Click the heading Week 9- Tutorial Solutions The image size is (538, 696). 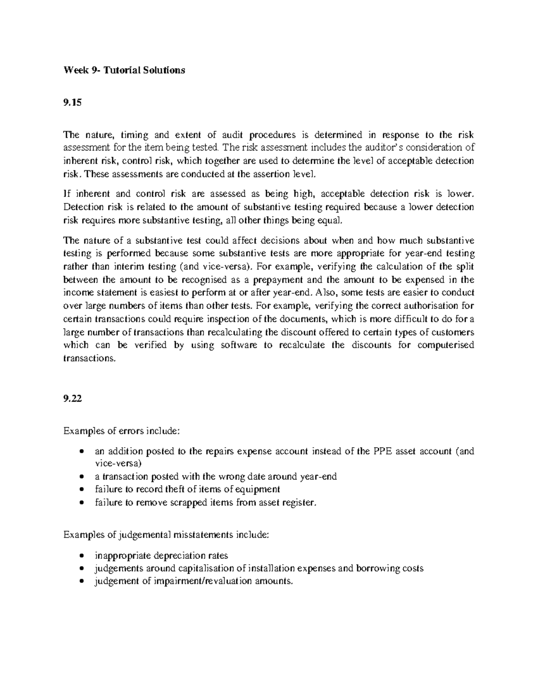pos(124,70)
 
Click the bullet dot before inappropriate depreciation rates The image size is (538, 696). pos(81,556)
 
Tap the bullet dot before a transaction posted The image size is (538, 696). pos(81,477)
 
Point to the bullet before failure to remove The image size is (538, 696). pos(81,503)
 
